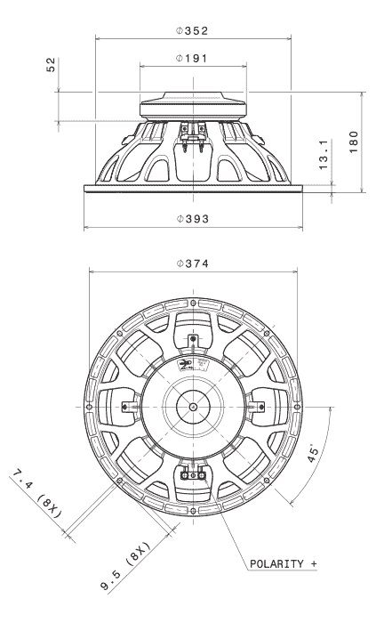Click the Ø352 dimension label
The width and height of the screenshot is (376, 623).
pos(192,31)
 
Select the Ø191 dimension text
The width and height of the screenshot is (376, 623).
pos(192,59)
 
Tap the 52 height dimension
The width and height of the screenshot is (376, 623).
pos(52,64)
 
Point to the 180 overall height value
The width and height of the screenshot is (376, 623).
pos(354,142)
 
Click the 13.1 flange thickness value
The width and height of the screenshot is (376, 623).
pos(324,155)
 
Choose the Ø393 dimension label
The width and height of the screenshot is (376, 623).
pos(193,219)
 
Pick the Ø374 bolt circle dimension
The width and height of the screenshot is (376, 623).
pos(193,263)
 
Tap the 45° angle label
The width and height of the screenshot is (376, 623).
pos(313,453)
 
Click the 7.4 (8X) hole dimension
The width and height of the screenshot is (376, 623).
pos(36,494)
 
